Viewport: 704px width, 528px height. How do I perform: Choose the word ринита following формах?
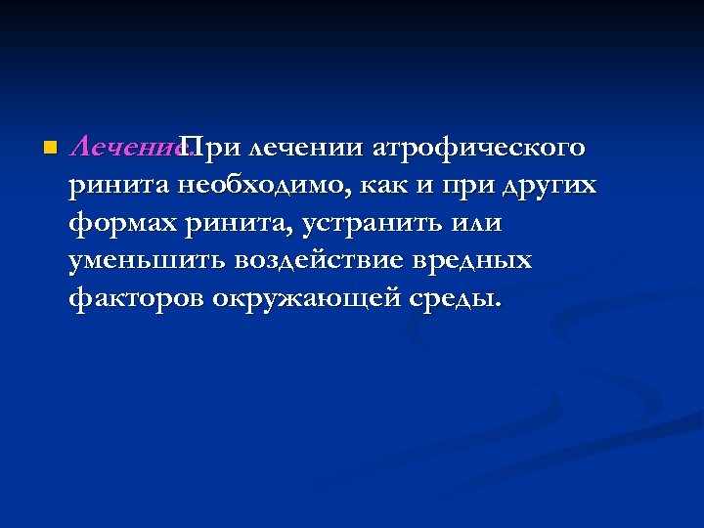(241, 224)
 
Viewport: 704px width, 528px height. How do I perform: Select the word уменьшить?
(146, 261)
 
